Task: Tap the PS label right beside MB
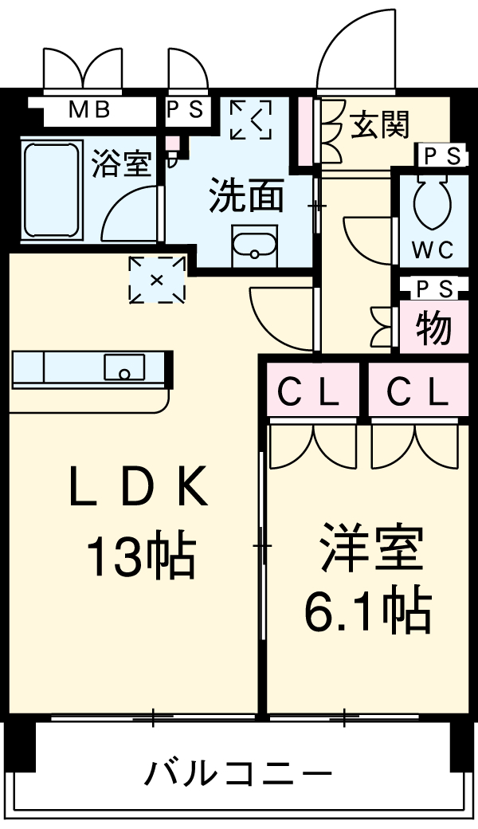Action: click(185, 110)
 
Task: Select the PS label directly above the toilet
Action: click(441, 156)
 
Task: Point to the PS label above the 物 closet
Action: click(433, 289)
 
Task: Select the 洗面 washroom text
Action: click(246, 197)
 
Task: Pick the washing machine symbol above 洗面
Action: click(250, 120)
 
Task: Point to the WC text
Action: click(433, 249)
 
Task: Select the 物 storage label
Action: click(433, 327)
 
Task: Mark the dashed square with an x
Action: click(156, 279)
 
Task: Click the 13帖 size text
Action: click(140, 556)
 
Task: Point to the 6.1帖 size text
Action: click(367, 610)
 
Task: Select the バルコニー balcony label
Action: click(237, 772)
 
